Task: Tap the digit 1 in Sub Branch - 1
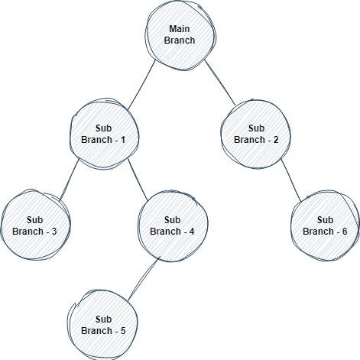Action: click(123, 140)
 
